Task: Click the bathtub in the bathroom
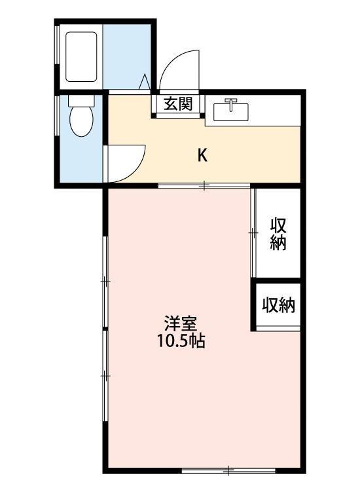[81, 55]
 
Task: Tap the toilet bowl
[81, 120]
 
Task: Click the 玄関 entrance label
[177, 103]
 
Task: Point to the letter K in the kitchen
[203, 155]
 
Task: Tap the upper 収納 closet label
[278, 233]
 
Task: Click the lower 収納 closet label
[278, 305]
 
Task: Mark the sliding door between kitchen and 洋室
[204, 187]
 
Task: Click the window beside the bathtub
[58, 55]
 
